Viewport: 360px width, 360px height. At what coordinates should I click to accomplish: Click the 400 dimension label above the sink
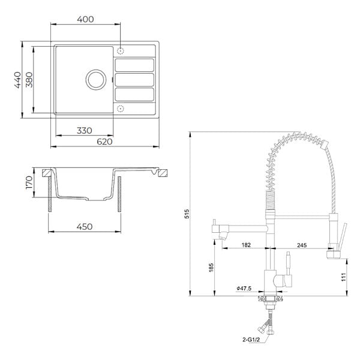point(85,19)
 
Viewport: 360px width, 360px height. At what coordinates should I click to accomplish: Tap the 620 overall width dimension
point(104,142)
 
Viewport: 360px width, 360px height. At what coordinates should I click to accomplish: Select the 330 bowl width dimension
point(85,131)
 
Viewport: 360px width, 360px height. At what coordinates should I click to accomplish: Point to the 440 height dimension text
point(17,80)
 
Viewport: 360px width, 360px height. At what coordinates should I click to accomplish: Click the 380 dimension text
point(29,80)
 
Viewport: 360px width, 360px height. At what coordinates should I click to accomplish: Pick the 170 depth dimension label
point(29,182)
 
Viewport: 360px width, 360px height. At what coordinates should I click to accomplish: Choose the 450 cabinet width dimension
point(85,227)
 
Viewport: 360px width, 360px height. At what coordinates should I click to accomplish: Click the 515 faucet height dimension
point(188,214)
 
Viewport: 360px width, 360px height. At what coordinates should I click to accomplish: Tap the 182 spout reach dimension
point(246,245)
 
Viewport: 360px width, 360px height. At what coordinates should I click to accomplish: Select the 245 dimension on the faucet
point(302,245)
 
